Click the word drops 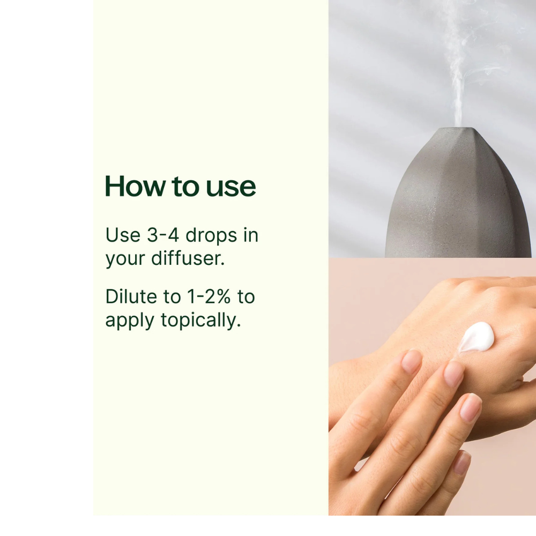212,235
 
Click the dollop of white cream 477,336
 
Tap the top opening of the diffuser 457,129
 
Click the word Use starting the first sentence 123,235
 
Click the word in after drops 251,235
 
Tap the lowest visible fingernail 461,462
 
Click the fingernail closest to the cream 453,374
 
